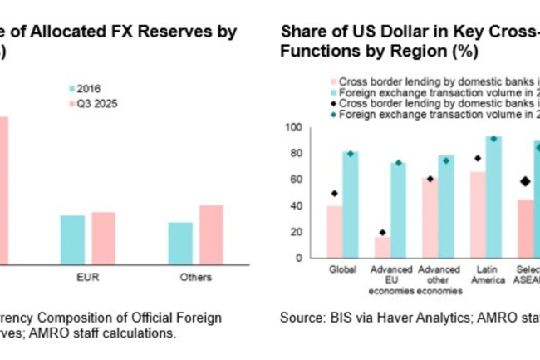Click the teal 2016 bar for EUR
[x=72, y=239]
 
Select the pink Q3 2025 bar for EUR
[x=104, y=238]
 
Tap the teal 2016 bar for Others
[x=180, y=243]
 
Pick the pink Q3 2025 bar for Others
[x=211, y=234]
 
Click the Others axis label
[x=196, y=277]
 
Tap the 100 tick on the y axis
[x=292, y=127]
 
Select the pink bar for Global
[x=334, y=232]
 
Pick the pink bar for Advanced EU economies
[x=382, y=247]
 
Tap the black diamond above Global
[x=334, y=194]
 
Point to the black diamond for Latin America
[x=478, y=158]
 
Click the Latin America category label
[x=485, y=275]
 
